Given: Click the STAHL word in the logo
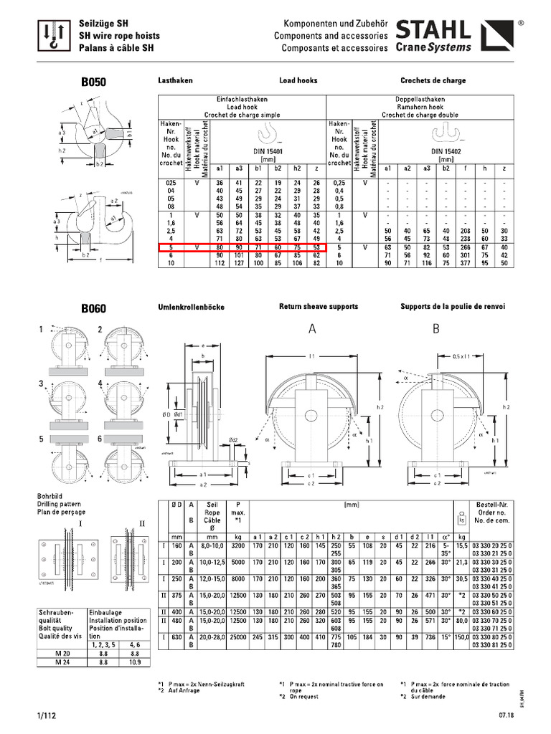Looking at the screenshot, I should [433, 30].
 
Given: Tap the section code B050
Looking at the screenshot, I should [93, 82].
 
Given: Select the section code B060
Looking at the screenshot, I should [93, 309].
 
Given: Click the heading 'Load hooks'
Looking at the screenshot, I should [298, 81].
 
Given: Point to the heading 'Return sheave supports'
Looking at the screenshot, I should [319, 307].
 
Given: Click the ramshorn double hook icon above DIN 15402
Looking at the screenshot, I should [446, 133].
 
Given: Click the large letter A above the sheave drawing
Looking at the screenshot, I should [313, 330].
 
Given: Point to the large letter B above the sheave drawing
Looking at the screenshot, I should [435, 330].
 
